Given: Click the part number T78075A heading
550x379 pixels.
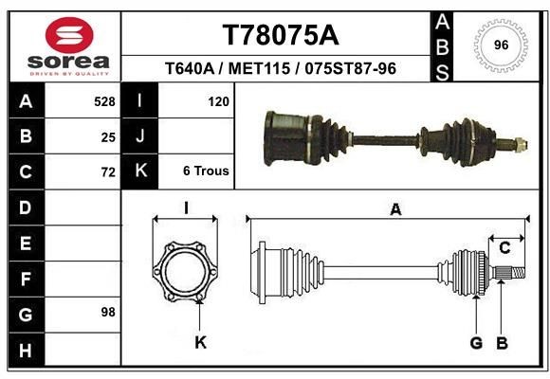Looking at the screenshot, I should click(280, 35).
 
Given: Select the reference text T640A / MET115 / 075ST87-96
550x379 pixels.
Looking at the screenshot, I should click(280, 69).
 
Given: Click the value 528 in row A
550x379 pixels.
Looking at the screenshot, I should click(104, 100).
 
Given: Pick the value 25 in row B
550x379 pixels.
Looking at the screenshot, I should click(108, 136).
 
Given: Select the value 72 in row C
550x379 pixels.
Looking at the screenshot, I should click(108, 172).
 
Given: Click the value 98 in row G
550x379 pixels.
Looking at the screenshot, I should click(106, 312).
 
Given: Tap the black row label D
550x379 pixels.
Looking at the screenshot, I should click(25, 208).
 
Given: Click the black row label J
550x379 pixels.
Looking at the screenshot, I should click(140, 136).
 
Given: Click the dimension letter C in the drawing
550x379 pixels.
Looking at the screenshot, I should click(504, 248).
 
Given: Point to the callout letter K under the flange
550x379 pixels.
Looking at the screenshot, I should click(200, 342).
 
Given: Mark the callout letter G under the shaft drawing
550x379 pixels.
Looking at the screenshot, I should click(476, 342).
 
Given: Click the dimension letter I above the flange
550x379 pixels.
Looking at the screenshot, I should click(187, 208).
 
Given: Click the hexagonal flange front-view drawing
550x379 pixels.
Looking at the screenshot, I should click(186, 269).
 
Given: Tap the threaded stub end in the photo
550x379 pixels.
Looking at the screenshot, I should click(520, 145).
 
